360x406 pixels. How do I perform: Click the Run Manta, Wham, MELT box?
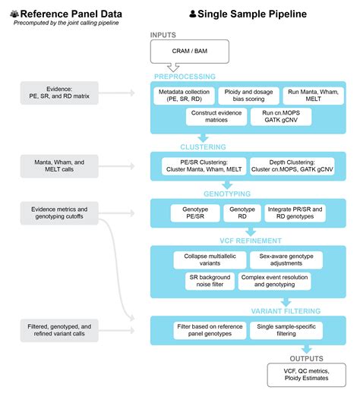[311, 96]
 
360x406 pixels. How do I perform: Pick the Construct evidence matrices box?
[216, 117]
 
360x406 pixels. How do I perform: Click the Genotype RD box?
[242, 212]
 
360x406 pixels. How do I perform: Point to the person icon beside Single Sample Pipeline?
[193, 14]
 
